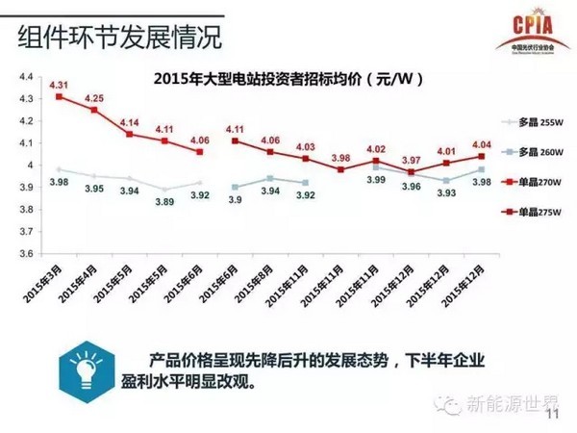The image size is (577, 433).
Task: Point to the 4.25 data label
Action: [x=94, y=98]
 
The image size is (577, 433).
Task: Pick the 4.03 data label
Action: [x=305, y=146]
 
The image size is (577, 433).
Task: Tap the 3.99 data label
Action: [x=378, y=179]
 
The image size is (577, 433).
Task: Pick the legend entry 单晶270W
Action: [x=537, y=180]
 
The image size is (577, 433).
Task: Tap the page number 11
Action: [x=551, y=415]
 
